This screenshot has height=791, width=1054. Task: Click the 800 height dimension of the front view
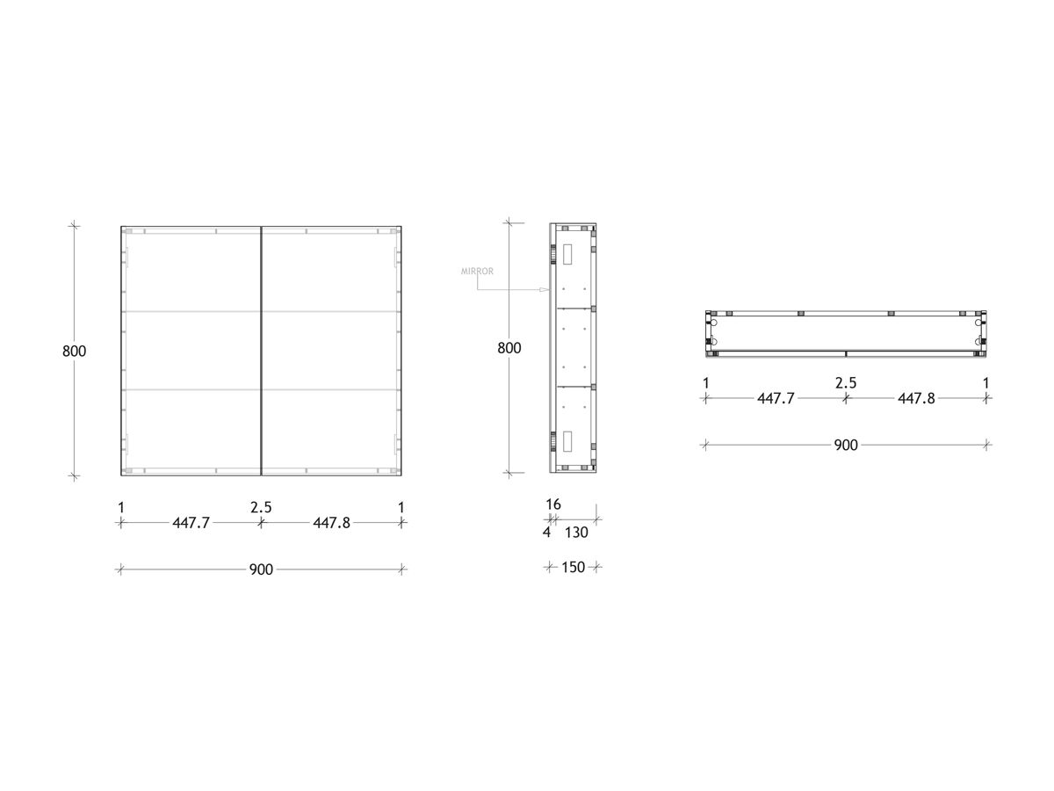75,351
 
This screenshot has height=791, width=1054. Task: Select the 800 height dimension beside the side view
509,348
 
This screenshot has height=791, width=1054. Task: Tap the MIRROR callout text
477,272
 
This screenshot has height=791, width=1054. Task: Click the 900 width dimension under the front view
261,570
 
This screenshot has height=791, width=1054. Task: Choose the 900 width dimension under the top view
846,446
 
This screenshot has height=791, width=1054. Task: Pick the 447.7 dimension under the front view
191,523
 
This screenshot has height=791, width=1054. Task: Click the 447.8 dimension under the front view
331,523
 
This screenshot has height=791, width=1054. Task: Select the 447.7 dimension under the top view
776,399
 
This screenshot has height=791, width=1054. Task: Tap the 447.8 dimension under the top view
916,399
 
